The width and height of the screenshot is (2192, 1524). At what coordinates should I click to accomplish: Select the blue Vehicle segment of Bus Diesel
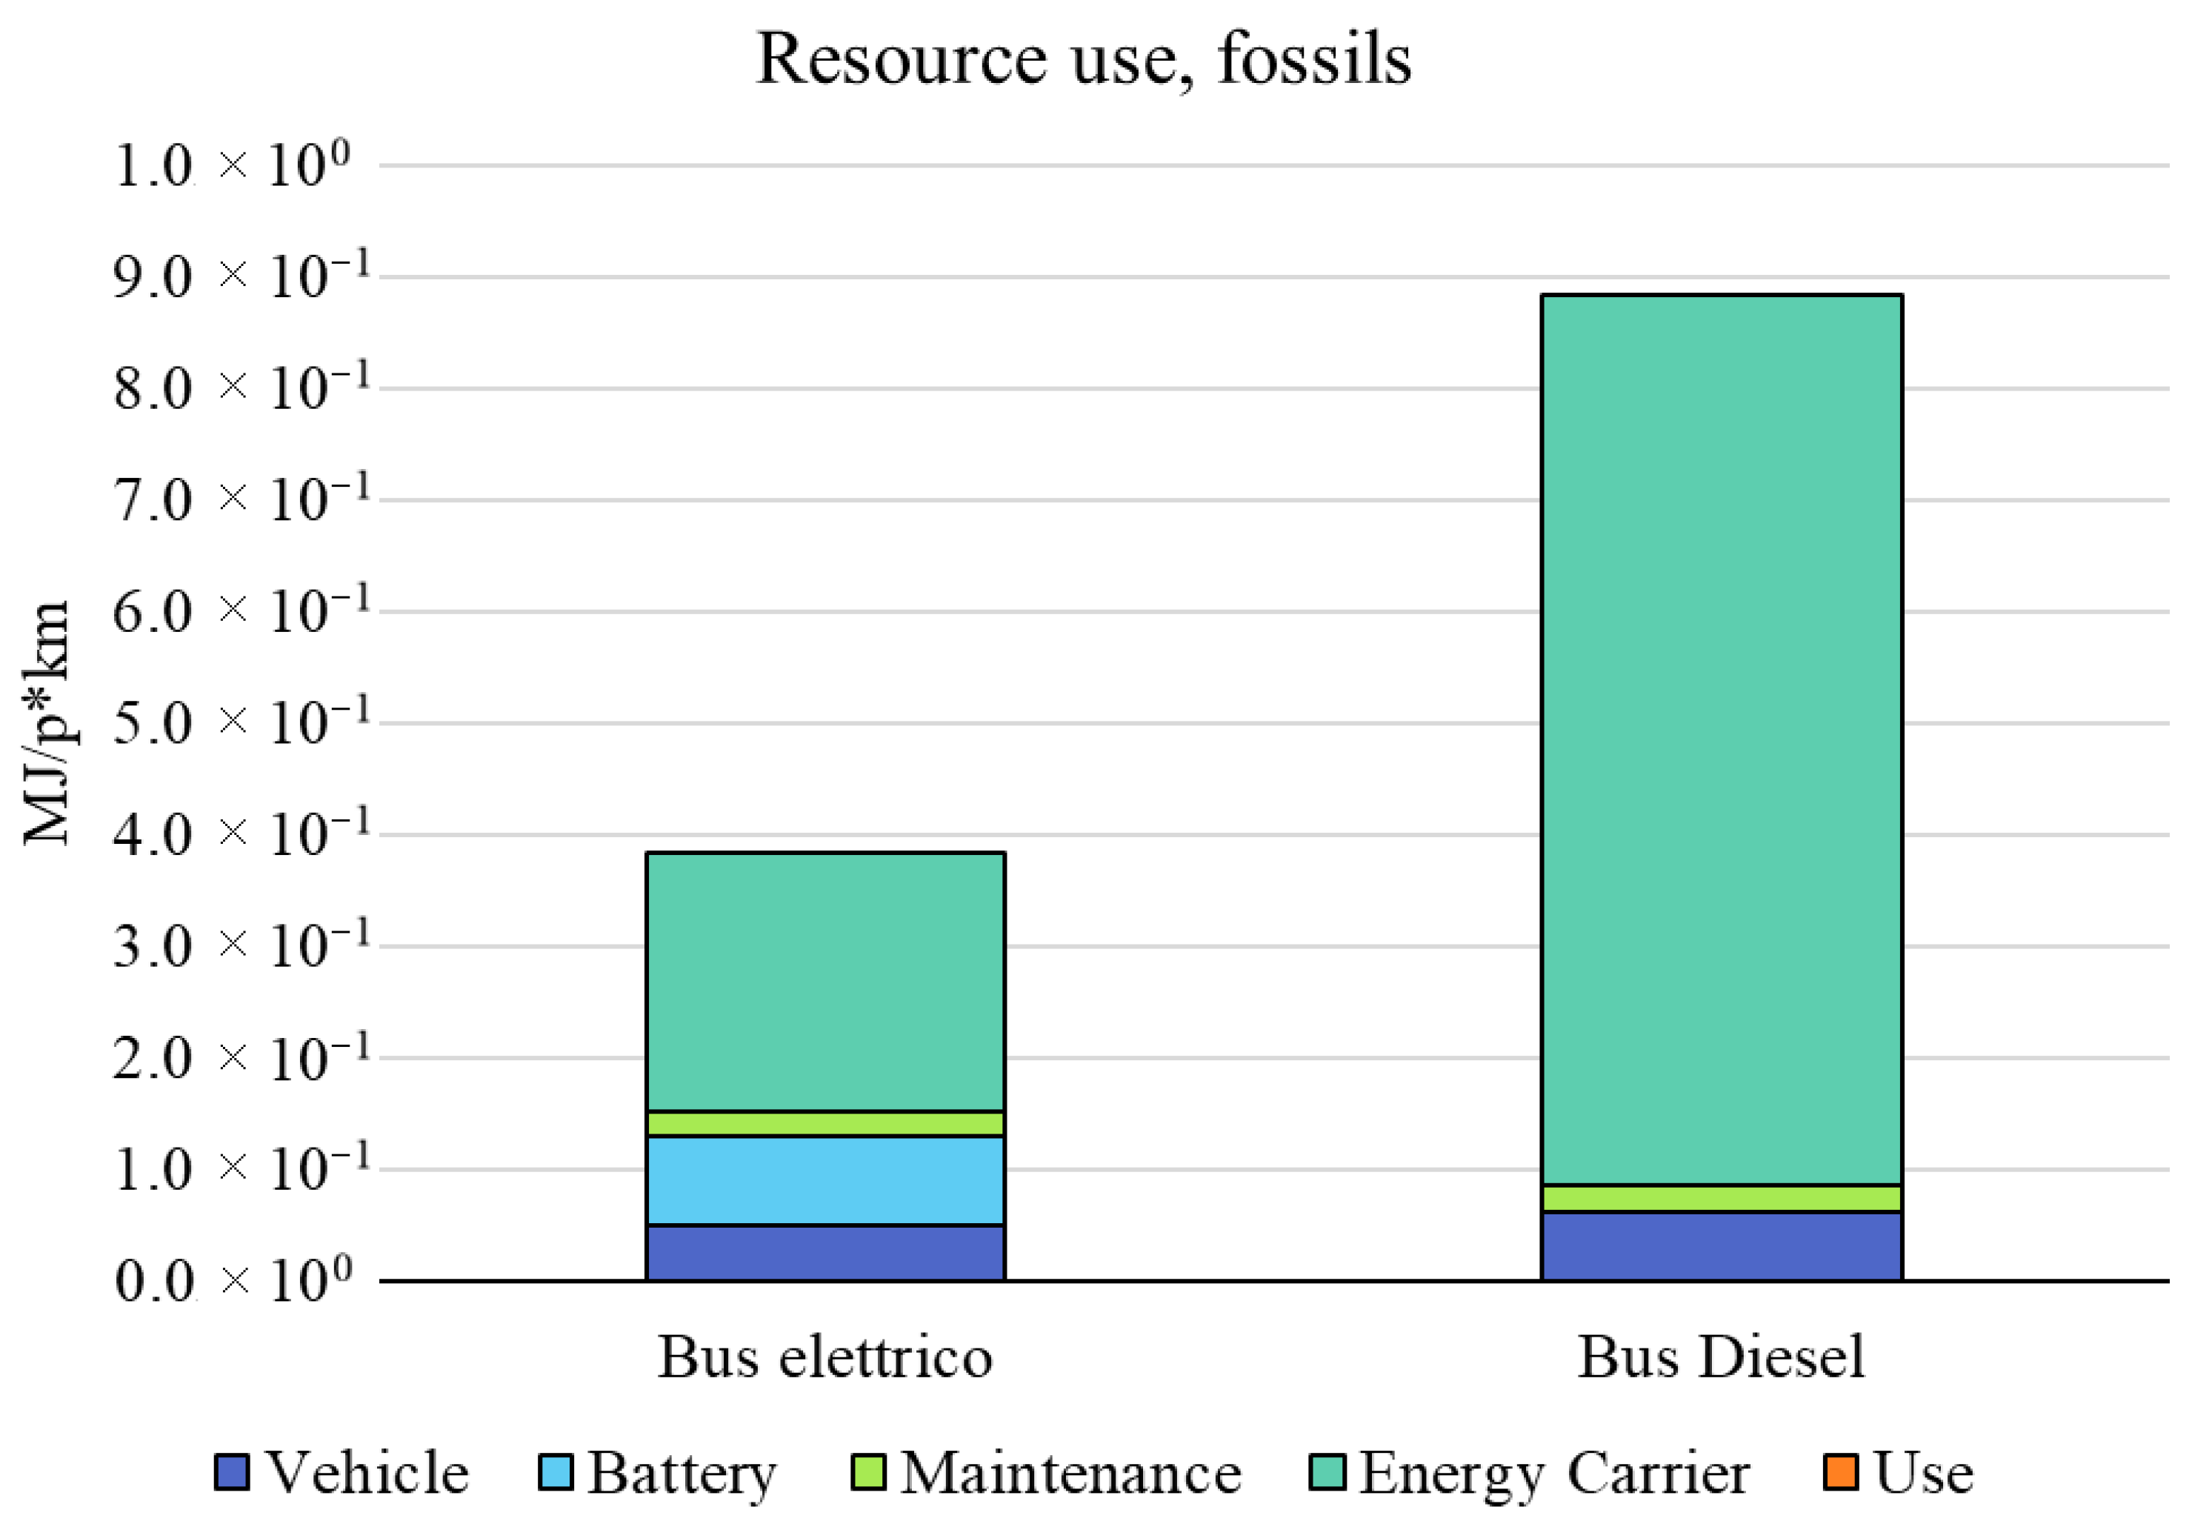pyautogui.click(x=1722, y=1245)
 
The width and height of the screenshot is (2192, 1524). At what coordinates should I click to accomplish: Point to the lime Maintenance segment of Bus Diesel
pyautogui.click(x=1722, y=1199)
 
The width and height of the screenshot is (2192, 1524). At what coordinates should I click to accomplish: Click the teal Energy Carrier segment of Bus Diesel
pyautogui.click(x=1722, y=740)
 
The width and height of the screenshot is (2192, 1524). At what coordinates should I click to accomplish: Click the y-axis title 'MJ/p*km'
pyautogui.click(x=46, y=723)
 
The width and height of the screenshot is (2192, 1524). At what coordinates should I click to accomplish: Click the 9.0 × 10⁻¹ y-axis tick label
pyautogui.click(x=239, y=277)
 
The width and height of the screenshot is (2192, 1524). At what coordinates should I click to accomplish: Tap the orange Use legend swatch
pyautogui.click(x=1841, y=1471)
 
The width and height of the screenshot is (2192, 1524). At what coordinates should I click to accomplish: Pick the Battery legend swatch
pyautogui.click(x=556, y=1471)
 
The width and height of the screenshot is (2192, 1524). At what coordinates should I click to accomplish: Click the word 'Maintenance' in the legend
pyautogui.click(x=1070, y=1472)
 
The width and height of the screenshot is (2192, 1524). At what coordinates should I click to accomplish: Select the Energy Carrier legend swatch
pyautogui.click(x=1327, y=1471)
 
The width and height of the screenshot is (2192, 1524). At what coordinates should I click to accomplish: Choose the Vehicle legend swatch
pyautogui.click(x=232, y=1471)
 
